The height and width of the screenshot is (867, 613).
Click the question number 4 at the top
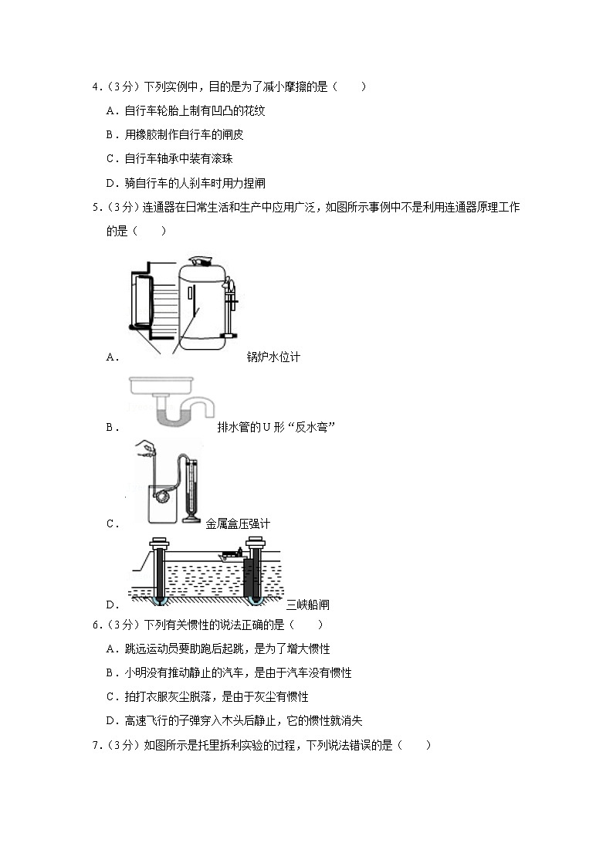tap(97, 88)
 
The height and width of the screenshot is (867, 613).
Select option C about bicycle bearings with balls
tap(195, 159)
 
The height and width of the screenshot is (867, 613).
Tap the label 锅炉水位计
tap(273, 357)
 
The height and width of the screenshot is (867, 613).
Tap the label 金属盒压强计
tap(238, 523)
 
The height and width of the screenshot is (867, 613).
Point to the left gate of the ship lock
tap(160, 571)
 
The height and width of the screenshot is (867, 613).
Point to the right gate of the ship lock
tap(253, 571)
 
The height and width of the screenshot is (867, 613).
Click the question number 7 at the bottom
tap(97, 745)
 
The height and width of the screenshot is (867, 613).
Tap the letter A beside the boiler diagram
tap(110, 357)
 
